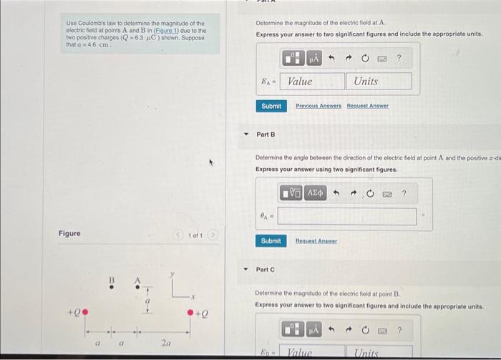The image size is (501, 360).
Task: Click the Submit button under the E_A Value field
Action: [271, 106]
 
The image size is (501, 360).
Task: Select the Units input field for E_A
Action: [379, 81]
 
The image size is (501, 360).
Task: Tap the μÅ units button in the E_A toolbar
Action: [314, 58]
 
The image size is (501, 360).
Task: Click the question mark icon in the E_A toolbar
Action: [399, 58]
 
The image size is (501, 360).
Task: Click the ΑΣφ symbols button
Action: [315, 193]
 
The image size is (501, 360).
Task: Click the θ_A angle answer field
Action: [346, 216]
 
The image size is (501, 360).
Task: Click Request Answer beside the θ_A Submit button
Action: [316, 241]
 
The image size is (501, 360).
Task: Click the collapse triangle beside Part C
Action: [245, 270]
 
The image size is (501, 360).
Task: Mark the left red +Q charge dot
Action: [85, 311]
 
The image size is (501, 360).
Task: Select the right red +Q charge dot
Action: [190, 312]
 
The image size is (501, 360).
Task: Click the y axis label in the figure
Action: [172, 273]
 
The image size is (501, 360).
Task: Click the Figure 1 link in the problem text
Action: [169, 31]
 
